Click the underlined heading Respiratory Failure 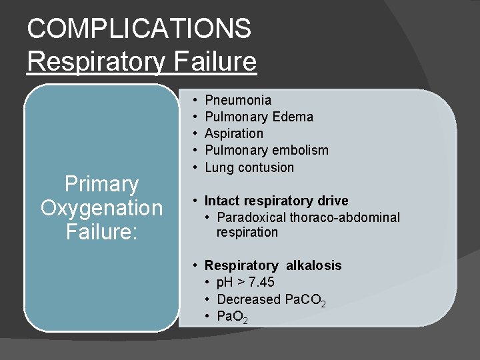click(x=141, y=61)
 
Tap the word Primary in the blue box click(x=101, y=184)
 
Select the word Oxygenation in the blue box click(x=101, y=208)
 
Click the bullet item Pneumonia click(x=238, y=100)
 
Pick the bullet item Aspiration click(x=234, y=133)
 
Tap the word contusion click(x=268, y=167)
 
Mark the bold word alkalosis click(x=313, y=265)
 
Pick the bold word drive click(x=331, y=201)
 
